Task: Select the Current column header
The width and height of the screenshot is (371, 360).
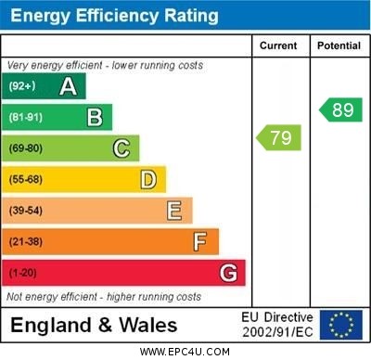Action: [278, 45]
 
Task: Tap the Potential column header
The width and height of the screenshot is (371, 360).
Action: [339, 45]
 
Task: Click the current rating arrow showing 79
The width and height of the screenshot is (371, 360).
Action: [279, 138]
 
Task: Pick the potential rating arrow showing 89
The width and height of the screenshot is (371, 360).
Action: [340, 109]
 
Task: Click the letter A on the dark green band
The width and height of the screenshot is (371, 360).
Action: [68, 86]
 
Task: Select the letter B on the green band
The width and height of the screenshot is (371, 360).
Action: [95, 117]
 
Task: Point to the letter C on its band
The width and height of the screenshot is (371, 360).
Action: [122, 148]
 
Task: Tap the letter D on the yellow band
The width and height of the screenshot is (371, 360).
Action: [148, 179]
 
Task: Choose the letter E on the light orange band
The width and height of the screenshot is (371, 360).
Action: [174, 211]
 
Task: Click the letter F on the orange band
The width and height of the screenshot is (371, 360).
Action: [200, 241]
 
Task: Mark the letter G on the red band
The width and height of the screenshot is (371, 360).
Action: [228, 273]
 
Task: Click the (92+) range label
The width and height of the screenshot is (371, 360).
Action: [22, 87]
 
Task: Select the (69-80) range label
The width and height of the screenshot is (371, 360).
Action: [26, 148]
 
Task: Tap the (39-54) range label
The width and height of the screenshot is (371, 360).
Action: [26, 211]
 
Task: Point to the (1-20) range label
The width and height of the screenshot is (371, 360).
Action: [23, 273]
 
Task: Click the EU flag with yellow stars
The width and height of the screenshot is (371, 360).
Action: [341, 325]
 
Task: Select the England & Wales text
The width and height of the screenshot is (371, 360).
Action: [95, 325]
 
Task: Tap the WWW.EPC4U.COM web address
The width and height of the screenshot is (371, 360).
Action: [185, 352]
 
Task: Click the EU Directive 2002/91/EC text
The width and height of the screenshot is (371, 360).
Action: [277, 325]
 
